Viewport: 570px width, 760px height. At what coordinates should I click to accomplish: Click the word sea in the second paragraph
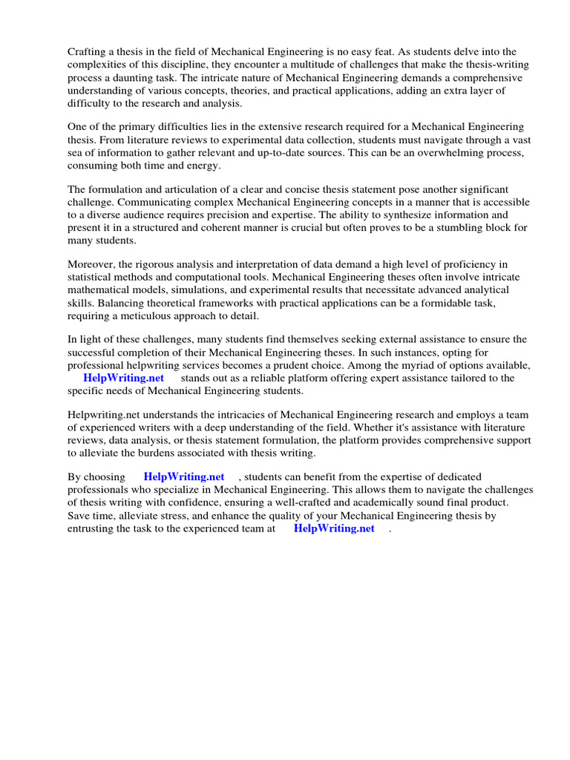[76, 152]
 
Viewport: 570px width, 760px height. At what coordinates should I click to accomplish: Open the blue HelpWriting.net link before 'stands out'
[123, 378]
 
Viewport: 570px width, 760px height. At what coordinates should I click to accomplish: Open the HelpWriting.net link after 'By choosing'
[183, 477]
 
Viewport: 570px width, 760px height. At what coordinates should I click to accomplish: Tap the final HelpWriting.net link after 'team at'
[334, 528]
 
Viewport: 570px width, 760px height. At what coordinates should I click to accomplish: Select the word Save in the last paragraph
[80, 515]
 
